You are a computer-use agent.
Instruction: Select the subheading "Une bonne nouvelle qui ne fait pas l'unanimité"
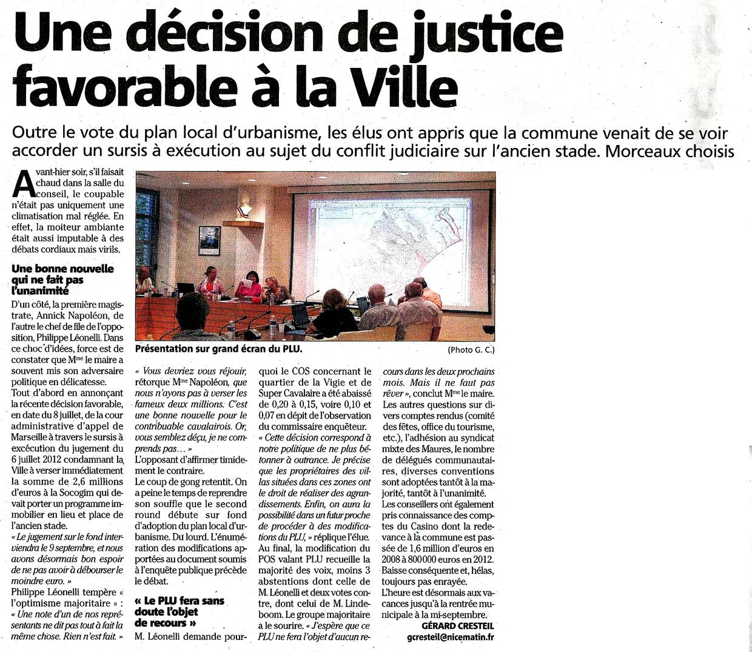[63, 280]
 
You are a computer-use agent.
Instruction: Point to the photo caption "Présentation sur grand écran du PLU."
[219, 349]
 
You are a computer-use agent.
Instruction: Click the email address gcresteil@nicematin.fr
[451, 637]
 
